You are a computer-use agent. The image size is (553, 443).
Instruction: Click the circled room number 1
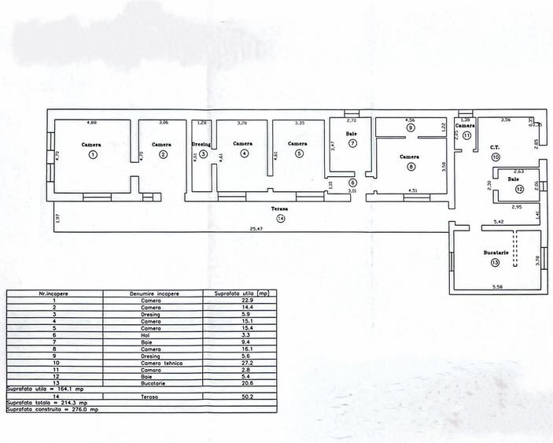[93, 155]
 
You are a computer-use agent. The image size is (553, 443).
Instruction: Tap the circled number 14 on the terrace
[282, 218]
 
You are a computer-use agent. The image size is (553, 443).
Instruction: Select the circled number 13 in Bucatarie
[494, 263]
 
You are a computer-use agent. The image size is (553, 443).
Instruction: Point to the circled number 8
[411, 166]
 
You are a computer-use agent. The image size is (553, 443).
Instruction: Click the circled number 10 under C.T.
[496, 157]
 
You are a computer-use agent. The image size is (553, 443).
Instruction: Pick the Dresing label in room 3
[201, 144]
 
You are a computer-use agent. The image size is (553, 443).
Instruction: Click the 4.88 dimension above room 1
[91, 123]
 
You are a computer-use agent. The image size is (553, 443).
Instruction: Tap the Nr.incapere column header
[55, 293]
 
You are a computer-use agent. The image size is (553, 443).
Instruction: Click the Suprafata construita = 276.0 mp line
[53, 410]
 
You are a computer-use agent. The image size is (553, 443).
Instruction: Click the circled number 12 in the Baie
[518, 190]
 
